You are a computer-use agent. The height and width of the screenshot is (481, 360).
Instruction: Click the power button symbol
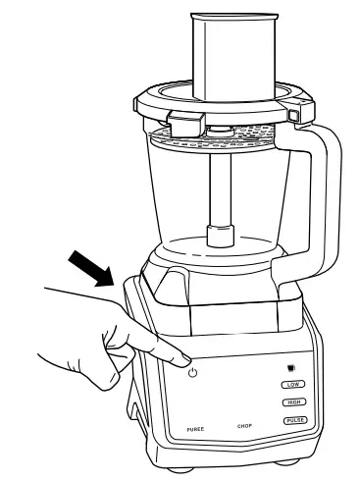point(193,372)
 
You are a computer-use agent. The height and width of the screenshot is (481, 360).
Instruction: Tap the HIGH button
point(291,402)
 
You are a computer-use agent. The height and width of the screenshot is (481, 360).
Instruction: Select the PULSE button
point(292,420)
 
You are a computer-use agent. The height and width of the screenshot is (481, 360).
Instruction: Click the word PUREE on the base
point(194,431)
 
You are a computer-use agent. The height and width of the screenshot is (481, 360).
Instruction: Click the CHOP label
point(246,426)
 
